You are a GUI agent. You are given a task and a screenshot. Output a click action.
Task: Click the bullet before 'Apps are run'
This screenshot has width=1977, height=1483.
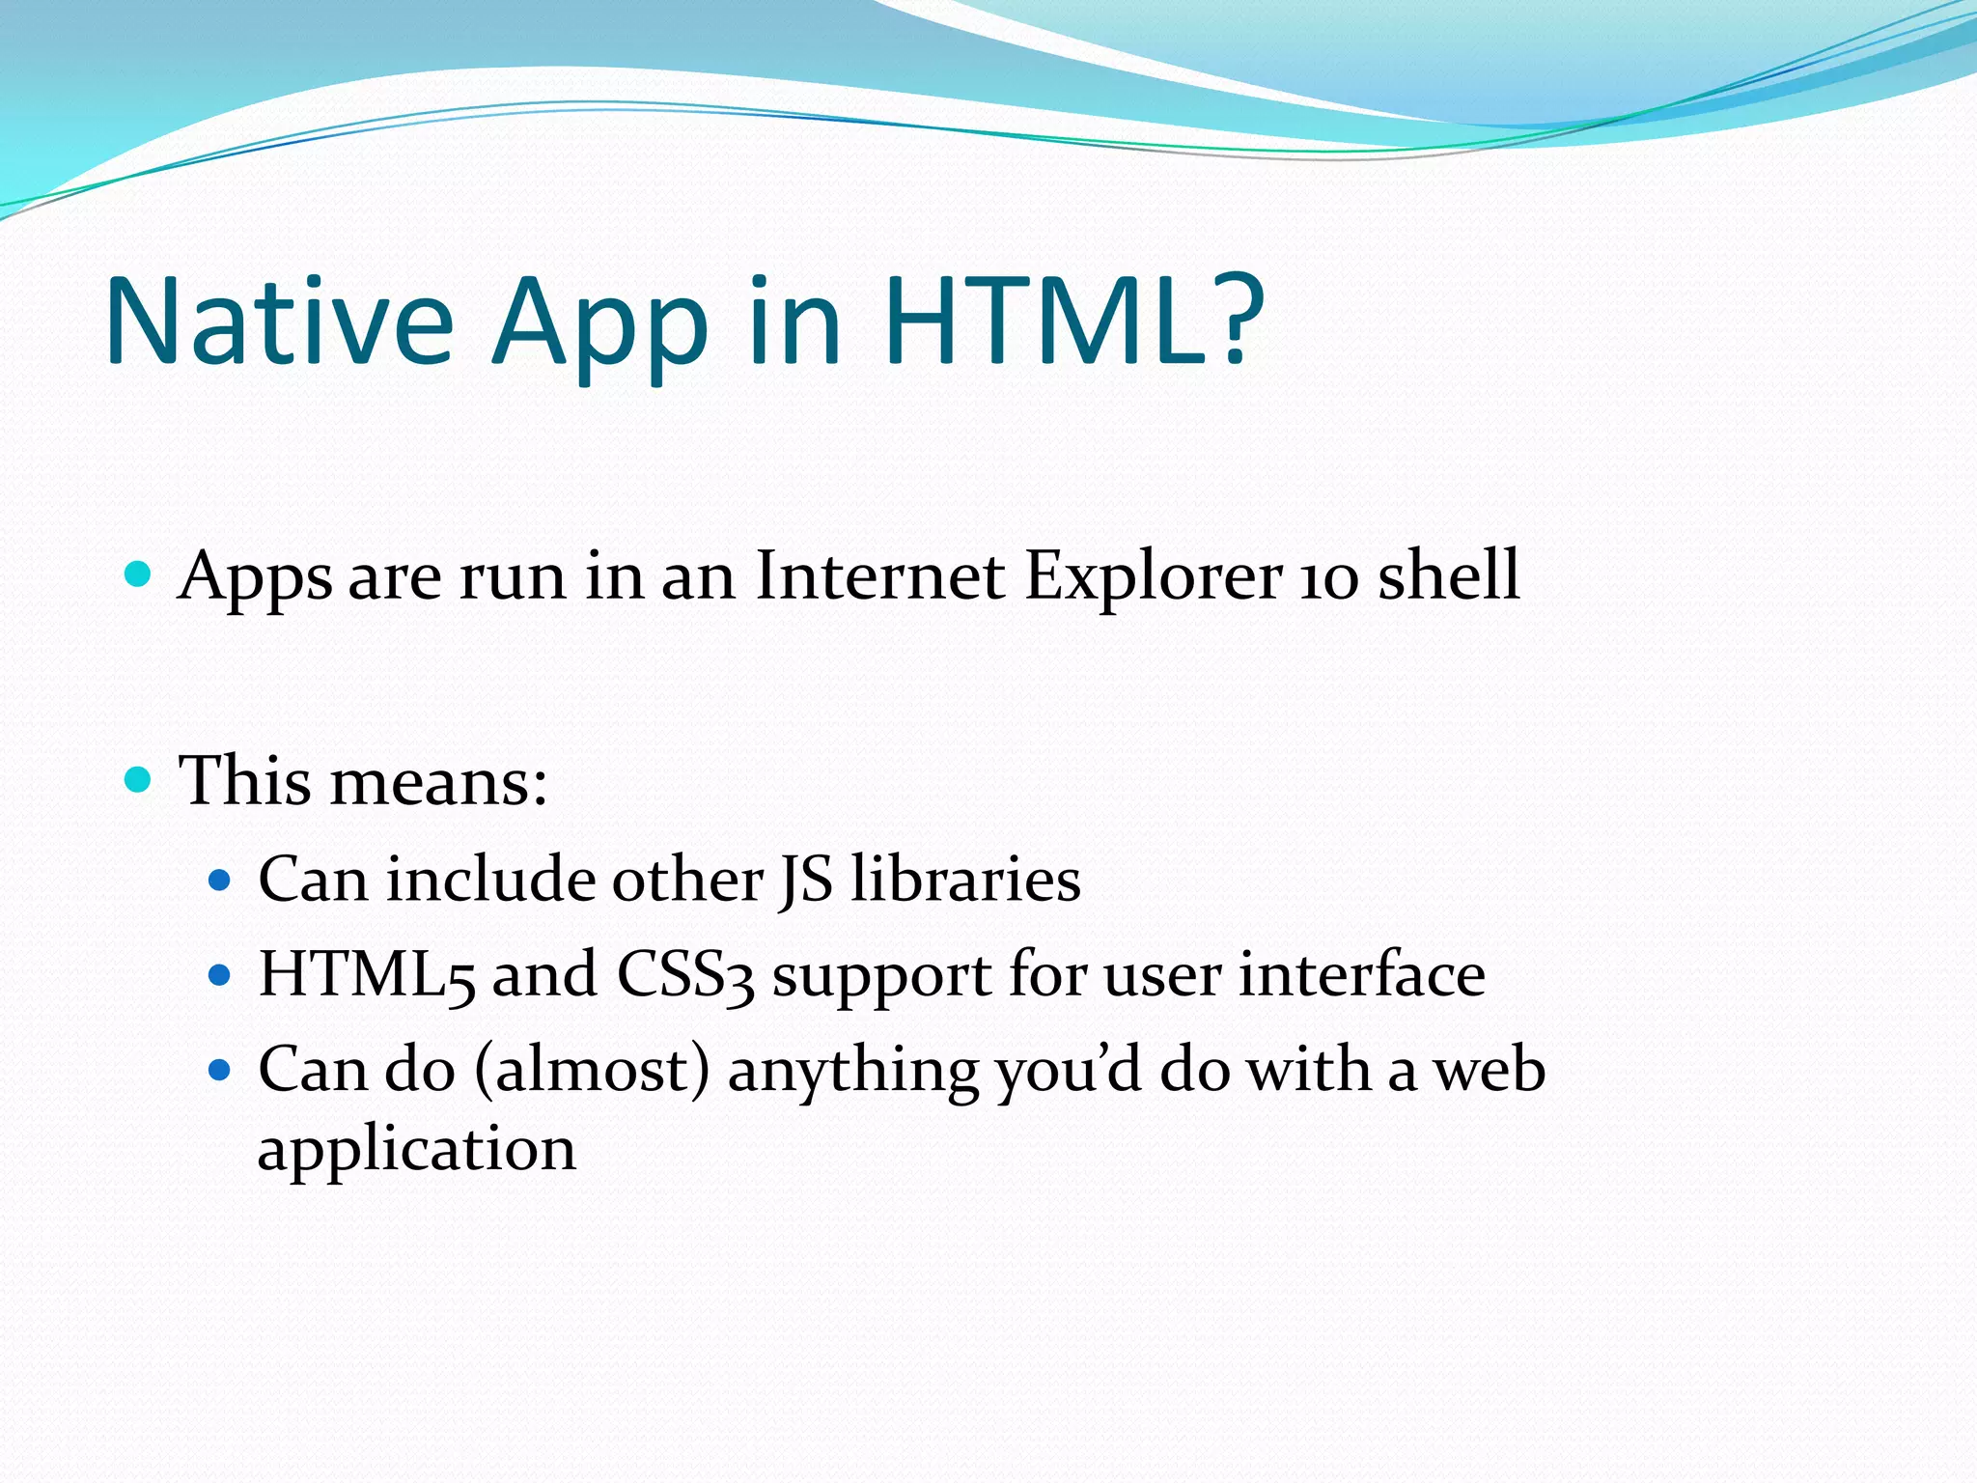pyautogui.click(x=139, y=574)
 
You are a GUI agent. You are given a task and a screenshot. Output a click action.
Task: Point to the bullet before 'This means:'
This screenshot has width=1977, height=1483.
pyautogui.click(x=139, y=779)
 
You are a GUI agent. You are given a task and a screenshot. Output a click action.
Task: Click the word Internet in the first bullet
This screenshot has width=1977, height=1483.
pyautogui.click(x=879, y=576)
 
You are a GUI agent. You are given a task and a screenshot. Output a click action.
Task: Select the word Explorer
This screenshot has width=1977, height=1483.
pyautogui.click(x=1154, y=578)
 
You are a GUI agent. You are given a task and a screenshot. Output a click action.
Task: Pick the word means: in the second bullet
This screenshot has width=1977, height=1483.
pyautogui.click(x=438, y=781)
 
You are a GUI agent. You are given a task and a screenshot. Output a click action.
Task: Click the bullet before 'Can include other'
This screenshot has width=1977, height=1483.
pyautogui.click(x=220, y=881)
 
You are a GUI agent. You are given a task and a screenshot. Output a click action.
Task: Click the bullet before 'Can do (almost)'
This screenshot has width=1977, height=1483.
pyautogui.click(x=220, y=1070)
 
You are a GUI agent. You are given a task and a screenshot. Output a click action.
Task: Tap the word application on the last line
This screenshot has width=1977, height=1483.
pyautogui.click(x=416, y=1152)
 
